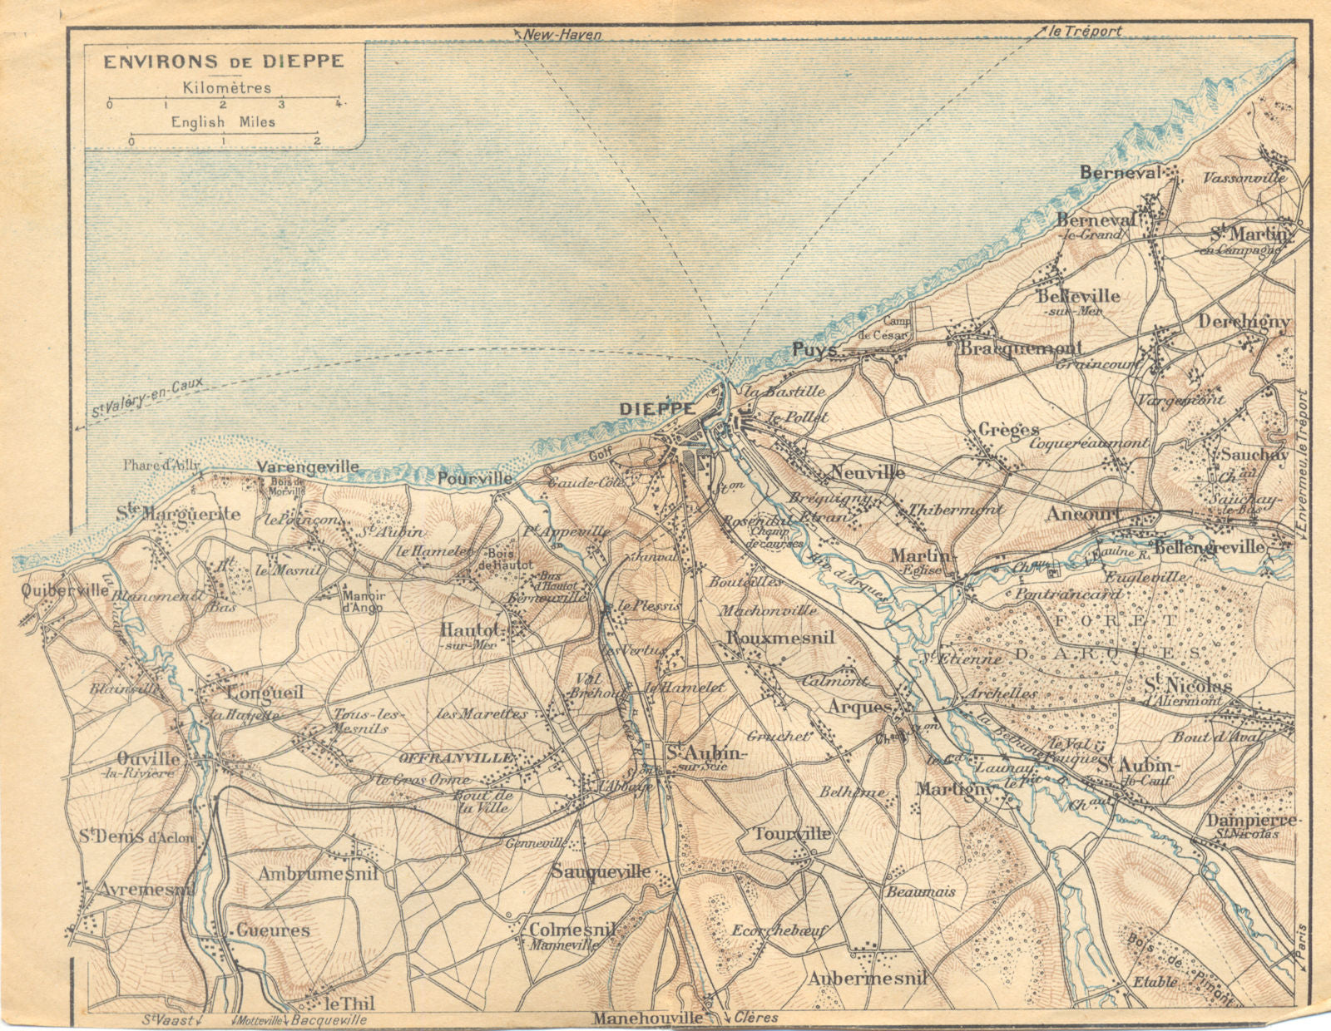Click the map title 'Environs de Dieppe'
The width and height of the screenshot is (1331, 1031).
pyautogui.click(x=222, y=62)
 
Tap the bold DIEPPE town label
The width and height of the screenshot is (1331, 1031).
pyautogui.click(x=657, y=409)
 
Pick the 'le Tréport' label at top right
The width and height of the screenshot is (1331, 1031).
pyautogui.click(x=1086, y=32)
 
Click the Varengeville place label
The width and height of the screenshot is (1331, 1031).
pyautogui.click(x=308, y=467)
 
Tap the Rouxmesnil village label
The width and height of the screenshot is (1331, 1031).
pyautogui.click(x=779, y=638)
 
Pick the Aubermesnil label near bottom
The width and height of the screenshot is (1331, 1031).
pyautogui.click(x=868, y=979)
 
